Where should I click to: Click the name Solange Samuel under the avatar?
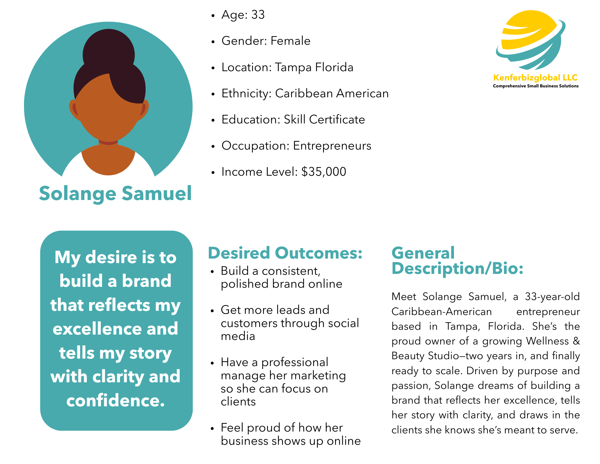pos(115,193)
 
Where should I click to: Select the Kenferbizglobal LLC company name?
pos(535,78)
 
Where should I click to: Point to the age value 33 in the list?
pos(258,15)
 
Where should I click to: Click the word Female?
pos(290,41)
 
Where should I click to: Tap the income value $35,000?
pos(324,172)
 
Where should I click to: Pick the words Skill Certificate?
pos(324,120)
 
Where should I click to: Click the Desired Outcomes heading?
pos(285,253)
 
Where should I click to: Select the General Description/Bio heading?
pos(457,261)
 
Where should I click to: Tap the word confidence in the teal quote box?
pos(115,400)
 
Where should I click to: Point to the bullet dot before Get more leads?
pos(212,311)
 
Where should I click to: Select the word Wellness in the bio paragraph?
pos(547,341)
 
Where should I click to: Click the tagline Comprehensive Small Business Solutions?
pos(536,86)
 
